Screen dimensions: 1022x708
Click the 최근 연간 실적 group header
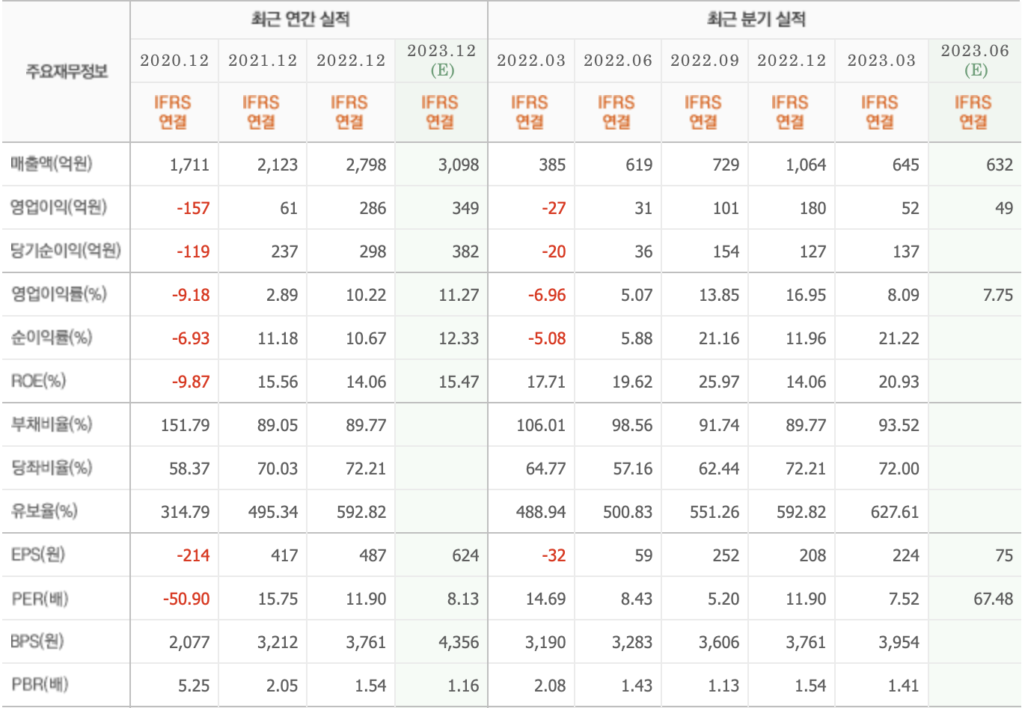click(300, 19)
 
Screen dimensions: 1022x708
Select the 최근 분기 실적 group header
click(756, 19)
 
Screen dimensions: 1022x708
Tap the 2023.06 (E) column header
click(975, 61)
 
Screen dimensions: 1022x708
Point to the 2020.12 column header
click(174, 61)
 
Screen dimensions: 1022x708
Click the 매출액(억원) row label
click(52, 164)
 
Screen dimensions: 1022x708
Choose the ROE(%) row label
click(38, 381)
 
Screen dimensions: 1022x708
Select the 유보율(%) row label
click(44, 511)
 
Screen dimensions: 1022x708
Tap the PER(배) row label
click(40, 599)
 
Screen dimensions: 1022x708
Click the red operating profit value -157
click(193, 208)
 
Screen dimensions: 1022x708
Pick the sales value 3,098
click(459, 165)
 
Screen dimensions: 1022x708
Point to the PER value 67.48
click(993, 599)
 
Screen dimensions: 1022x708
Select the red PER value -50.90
click(186, 599)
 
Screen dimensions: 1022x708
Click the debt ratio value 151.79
click(185, 425)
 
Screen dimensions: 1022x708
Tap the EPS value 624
click(465, 555)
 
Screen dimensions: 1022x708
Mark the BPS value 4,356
click(459, 642)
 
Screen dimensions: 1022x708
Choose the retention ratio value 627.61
click(894, 512)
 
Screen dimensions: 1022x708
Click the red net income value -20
click(554, 251)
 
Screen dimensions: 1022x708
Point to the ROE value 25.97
click(718, 382)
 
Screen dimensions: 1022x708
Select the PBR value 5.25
click(194, 686)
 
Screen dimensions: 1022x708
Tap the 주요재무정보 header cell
click(67, 71)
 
